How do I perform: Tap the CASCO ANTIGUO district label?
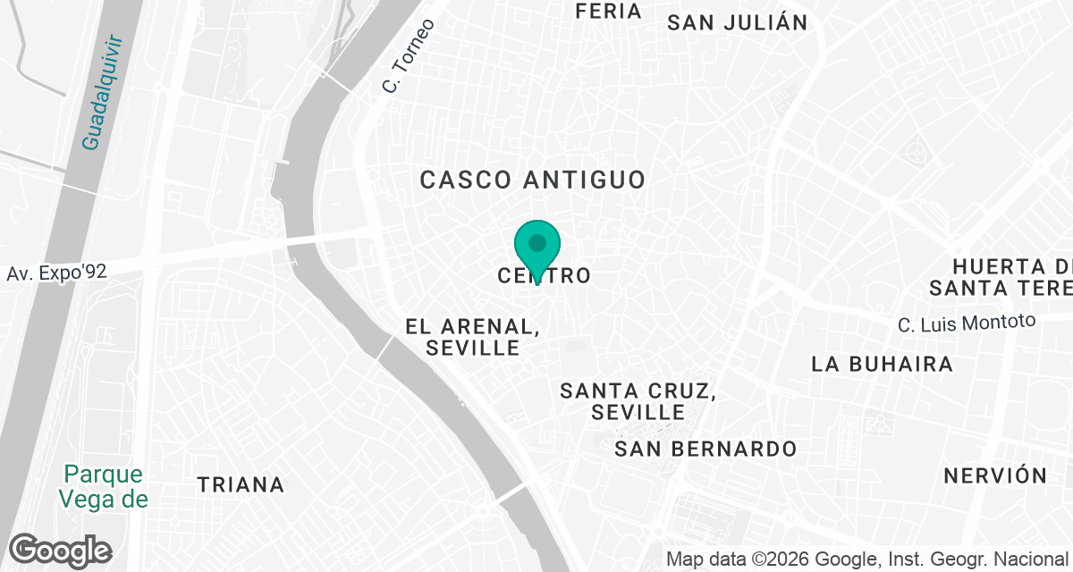pos(532,180)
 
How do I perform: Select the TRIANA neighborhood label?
pos(241,484)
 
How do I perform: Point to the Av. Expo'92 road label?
pos(57,273)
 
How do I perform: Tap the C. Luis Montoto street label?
pos(967,323)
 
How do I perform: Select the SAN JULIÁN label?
pos(737,22)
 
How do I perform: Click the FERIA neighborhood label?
pos(609,11)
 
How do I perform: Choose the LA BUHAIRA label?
pos(882,364)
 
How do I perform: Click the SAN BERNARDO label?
pos(705,449)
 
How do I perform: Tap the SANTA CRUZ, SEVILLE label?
pos(637,401)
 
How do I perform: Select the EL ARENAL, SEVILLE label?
pos(473,336)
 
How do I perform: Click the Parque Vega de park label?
pos(106,485)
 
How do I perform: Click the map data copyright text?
pos(867,559)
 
